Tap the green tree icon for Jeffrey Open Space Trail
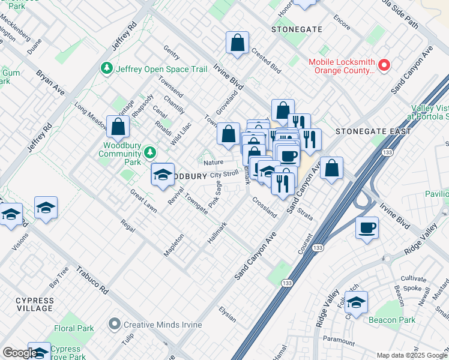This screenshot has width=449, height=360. pyautogui.click(x=108, y=69)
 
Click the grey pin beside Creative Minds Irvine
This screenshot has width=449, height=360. pyautogui.click(x=115, y=325)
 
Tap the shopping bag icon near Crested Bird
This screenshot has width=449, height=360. pyautogui.click(x=238, y=43)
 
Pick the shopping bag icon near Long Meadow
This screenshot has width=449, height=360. pyautogui.click(x=119, y=127)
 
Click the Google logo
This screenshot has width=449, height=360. pyautogui.click(x=19, y=353)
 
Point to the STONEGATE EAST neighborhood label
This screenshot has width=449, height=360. pyautogui.click(x=373, y=131)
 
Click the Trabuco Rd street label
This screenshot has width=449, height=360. pyautogui.click(x=91, y=280)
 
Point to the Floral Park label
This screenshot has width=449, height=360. pyautogui.click(x=74, y=328)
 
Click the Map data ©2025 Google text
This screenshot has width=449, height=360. pyautogui.click(x=411, y=355)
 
